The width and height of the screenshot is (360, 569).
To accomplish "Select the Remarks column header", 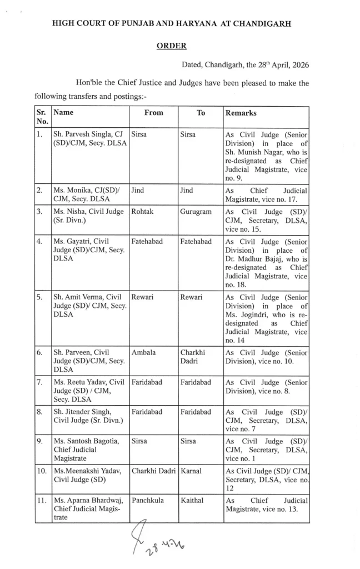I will click(241, 112).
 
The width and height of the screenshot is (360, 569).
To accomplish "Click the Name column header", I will click(63, 112).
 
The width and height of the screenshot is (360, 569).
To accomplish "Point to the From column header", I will click(153, 112).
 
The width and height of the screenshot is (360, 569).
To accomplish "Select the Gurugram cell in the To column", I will click(196, 212).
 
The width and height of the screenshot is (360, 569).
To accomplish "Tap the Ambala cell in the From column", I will click(143, 352).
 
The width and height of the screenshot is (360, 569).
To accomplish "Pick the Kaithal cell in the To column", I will click(192, 501).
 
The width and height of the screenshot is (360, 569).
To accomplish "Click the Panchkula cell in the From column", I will click(147, 501).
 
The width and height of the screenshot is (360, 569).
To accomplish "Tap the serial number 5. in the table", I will click(39, 296).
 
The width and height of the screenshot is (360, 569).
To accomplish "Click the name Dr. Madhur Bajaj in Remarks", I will click(251, 258).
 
